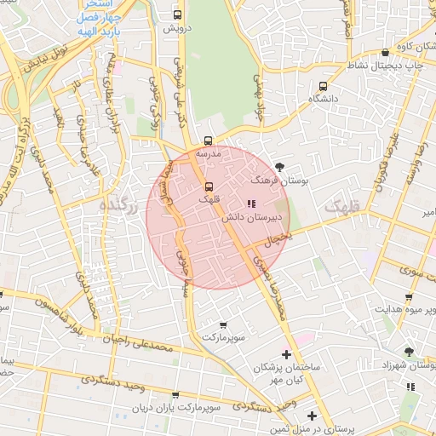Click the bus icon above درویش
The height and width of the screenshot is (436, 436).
point(178,14)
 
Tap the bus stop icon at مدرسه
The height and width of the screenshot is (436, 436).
point(209,141)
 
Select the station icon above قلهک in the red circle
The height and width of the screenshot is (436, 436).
point(209,186)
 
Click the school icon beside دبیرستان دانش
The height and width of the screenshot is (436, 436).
point(250,204)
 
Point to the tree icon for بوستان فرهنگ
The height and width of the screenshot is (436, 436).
point(281,166)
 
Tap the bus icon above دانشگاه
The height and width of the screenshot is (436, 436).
point(323,86)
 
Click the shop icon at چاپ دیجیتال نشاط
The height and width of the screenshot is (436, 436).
point(386,53)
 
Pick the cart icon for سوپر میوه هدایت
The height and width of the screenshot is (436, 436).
point(409,297)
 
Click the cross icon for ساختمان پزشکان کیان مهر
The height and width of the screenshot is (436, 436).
point(286,353)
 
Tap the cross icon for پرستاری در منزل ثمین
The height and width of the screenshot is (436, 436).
point(312,416)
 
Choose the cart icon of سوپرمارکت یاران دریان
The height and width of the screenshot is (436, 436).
point(175,396)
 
